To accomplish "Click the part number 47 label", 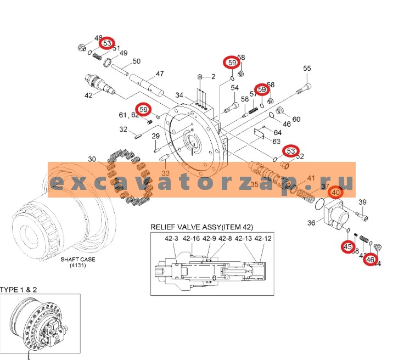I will click(x=160, y=74).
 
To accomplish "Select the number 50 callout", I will click(x=136, y=61).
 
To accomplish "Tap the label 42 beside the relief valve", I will click(x=88, y=95).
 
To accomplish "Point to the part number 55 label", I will click(x=307, y=68).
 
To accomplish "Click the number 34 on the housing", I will click(x=179, y=95).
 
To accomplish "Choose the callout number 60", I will click(x=296, y=119).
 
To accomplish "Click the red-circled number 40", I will click(x=335, y=192).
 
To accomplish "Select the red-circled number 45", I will click(x=348, y=247).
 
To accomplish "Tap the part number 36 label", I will click(x=311, y=223).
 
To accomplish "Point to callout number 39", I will click(x=362, y=203).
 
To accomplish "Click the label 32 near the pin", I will click(x=124, y=130).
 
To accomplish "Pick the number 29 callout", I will click(x=155, y=136).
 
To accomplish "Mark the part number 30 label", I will click(x=91, y=159).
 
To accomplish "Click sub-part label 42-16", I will click(x=192, y=239).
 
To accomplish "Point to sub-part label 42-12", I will click(x=263, y=239).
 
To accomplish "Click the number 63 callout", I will click(x=277, y=142).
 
